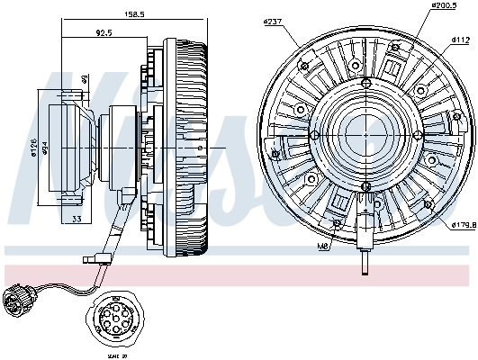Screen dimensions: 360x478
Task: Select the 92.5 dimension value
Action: click(x=104, y=34)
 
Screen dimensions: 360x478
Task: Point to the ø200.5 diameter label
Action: click(x=417, y=6)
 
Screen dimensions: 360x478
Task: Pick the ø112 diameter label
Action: click(x=459, y=40)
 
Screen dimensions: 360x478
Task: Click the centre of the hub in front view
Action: click(x=365, y=133)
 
